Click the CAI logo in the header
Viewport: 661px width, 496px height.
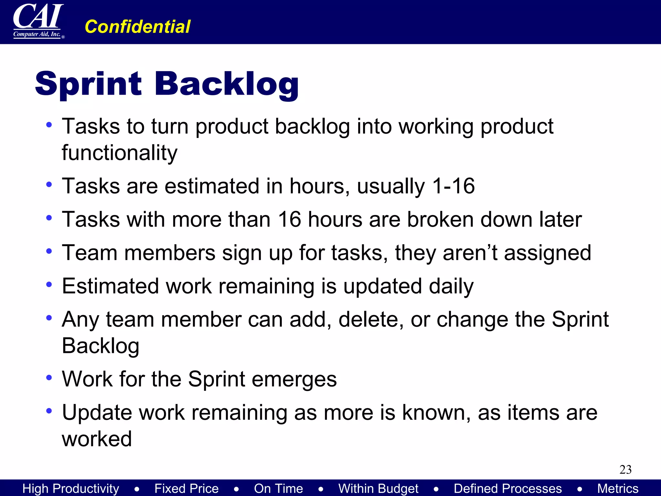[38, 21]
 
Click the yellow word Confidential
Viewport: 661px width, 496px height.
[137, 26]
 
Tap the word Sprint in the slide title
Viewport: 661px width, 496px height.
[88, 84]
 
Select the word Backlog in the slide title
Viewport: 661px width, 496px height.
[227, 84]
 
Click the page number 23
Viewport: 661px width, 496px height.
[625, 469]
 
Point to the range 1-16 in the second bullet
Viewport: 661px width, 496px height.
[453, 186]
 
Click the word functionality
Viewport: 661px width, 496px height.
[119, 153]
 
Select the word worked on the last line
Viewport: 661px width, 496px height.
[97, 439]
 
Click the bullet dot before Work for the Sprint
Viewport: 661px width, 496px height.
[49, 377]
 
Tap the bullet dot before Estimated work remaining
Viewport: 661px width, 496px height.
[49, 284]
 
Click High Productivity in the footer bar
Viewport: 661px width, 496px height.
[71, 488]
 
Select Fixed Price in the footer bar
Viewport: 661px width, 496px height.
[186, 488]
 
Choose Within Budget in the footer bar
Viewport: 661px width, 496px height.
[378, 488]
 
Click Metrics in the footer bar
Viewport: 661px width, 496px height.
[617, 488]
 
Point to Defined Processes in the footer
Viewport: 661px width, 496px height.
[508, 488]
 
